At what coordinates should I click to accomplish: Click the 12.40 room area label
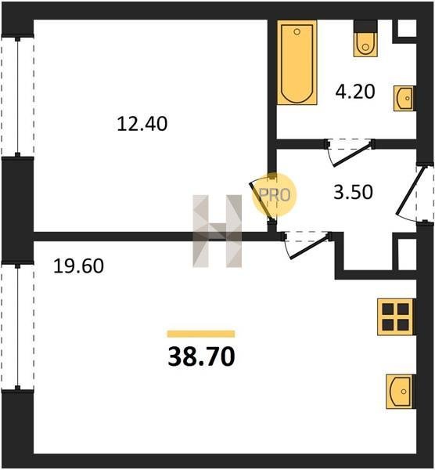click(142, 124)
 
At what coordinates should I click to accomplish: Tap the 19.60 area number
click(78, 266)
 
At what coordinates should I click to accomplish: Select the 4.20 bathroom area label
click(355, 92)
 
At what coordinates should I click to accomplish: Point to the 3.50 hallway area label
click(354, 192)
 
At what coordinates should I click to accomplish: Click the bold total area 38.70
click(202, 356)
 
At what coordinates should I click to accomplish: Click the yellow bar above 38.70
click(201, 334)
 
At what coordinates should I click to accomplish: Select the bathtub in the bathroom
click(297, 63)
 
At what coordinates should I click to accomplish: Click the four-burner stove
click(397, 316)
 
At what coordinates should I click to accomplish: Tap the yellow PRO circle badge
click(275, 195)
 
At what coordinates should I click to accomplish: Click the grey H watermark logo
click(217, 231)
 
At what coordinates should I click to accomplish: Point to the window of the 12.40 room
click(18, 96)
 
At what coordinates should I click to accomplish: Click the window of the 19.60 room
click(18, 327)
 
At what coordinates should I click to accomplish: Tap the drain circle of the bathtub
click(297, 31)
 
